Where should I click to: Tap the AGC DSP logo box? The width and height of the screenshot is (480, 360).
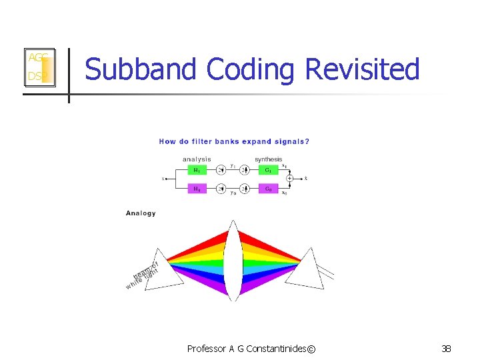coord(38,67)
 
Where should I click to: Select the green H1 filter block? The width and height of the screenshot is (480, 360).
coord(197,170)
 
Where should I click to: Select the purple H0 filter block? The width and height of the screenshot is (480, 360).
coord(197,189)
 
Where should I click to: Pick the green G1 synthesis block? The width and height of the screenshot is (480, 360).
coord(268,170)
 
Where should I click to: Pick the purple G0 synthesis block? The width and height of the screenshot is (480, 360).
coord(268,189)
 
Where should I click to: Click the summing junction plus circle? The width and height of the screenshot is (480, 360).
coord(289,179)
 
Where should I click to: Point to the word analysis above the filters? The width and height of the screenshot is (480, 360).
coord(197,159)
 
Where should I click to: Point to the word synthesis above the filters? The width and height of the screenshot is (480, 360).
coord(269,159)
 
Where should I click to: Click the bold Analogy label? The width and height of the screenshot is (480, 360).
coord(141,213)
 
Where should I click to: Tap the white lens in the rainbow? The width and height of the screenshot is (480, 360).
coord(233,261)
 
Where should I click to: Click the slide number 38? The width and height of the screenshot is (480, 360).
coord(445,348)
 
